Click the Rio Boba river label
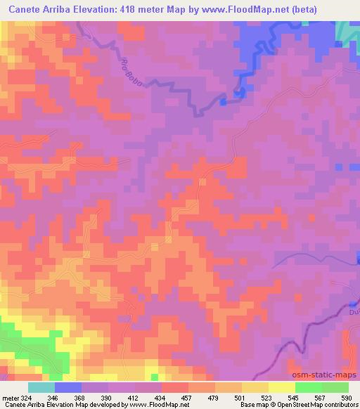tap(132, 73)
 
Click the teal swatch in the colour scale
tap(41, 387)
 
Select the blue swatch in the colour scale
tap(67, 387)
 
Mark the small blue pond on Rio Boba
tap(223, 103)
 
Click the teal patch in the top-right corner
tap(346, 31)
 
